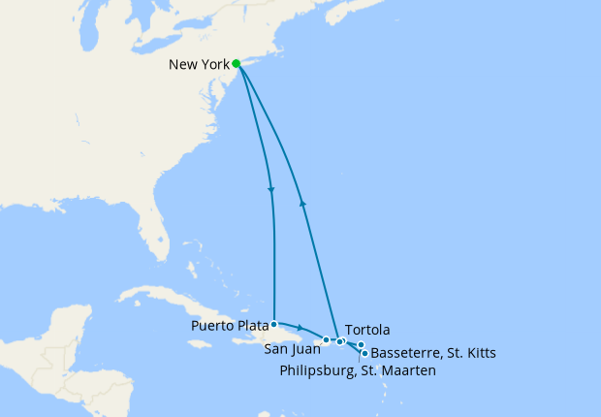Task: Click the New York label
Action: (199, 66)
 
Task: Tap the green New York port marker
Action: (237, 64)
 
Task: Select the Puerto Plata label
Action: (231, 325)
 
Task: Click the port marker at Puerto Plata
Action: (274, 324)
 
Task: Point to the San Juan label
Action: (289, 349)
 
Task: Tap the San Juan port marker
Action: (327, 340)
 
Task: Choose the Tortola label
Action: (365, 329)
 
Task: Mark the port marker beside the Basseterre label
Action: (364, 353)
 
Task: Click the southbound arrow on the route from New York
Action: (270, 189)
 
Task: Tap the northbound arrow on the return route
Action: (303, 203)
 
